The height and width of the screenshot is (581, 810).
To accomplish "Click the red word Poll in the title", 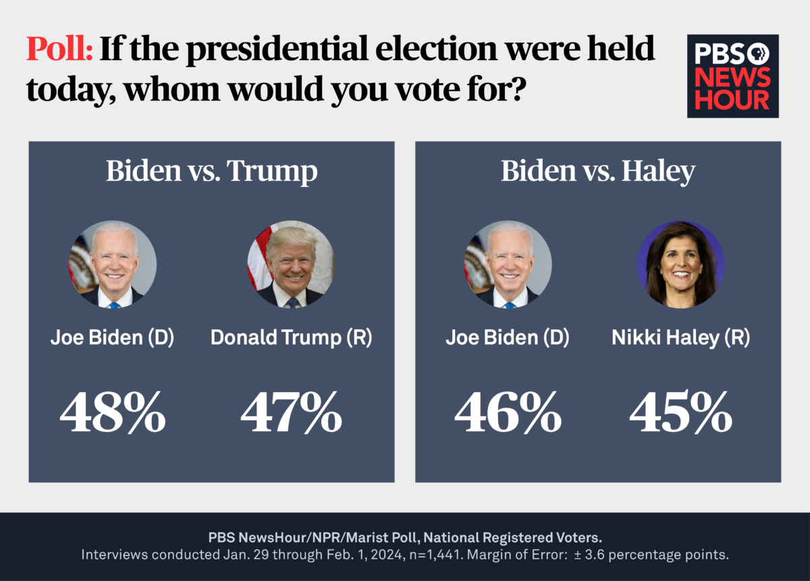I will tap(59, 49).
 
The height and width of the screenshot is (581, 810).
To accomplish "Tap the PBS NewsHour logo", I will tap(732, 76).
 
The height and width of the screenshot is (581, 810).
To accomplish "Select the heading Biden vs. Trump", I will tap(211, 171).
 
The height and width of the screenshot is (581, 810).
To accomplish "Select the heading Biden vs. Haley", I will tap(597, 171).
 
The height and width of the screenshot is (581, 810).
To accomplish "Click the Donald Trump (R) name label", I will tap(292, 338).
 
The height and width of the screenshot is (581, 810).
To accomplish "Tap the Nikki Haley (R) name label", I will tap(680, 338).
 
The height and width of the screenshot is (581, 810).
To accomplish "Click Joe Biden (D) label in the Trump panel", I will tap(113, 338).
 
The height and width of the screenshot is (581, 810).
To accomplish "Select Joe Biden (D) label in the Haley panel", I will tap(508, 338).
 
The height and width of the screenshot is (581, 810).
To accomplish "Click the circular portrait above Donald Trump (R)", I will tap(290, 265).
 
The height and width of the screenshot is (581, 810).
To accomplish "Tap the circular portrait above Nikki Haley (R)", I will tap(680, 265).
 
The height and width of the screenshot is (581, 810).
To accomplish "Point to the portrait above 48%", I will tap(113, 265).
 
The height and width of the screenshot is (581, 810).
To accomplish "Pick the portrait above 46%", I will tap(508, 265).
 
